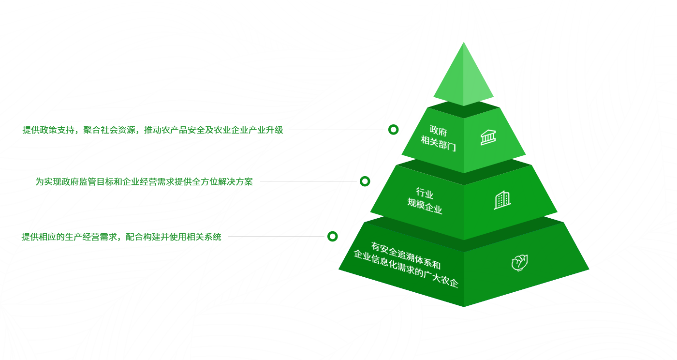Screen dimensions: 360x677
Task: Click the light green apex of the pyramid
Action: click(x=464, y=77)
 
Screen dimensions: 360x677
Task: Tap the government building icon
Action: click(x=488, y=137)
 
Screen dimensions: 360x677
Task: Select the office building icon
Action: click(x=502, y=200)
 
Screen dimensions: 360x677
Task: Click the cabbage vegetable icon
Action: click(x=519, y=263)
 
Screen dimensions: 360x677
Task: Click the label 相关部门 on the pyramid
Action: click(x=438, y=143)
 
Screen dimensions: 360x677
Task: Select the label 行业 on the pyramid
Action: click(x=425, y=194)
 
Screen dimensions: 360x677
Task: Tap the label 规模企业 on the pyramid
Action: click(x=425, y=206)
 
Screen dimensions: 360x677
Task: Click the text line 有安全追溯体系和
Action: click(x=406, y=255)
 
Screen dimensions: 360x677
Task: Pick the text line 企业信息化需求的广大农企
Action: click(x=406, y=269)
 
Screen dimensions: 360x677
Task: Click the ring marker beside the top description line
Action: click(x=393, y=130)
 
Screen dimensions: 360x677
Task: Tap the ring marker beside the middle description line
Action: click(x=365, y=181)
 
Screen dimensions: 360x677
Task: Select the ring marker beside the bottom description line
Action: click(x=332, y=237)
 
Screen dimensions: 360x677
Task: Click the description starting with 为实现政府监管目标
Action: click(x=144, y=182)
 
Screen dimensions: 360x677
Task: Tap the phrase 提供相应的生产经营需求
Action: click(x=70, y=237)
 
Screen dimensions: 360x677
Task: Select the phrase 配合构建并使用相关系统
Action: click(x=173, y=237)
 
